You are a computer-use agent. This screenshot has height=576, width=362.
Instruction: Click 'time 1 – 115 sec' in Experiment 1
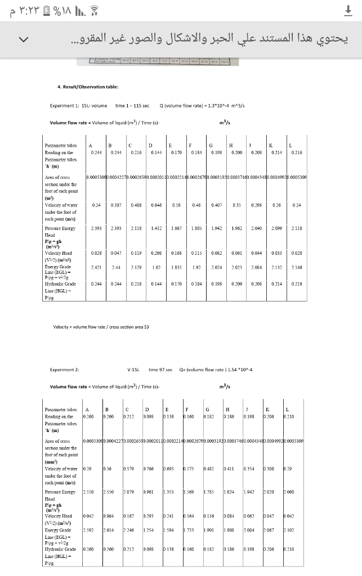132,106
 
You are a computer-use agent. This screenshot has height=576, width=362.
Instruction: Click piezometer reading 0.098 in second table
149,417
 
